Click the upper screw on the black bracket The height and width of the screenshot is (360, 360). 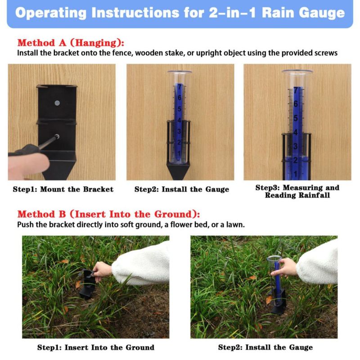click(58, 103)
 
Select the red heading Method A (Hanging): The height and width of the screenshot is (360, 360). click(71, 43)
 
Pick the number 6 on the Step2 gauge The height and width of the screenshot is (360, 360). click(179, 98)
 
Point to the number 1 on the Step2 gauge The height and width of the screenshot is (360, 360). click(179, 153)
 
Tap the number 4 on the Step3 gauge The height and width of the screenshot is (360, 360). click(296, 132)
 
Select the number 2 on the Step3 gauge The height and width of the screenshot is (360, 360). click(296, 160)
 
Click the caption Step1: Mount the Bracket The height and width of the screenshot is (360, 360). click(63, 189)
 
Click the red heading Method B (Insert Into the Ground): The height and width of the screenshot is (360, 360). click(108, 214)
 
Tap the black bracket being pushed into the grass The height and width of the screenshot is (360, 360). click(87, 285)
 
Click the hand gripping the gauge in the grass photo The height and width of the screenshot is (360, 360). click(284, 267)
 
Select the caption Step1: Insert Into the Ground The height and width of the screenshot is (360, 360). click(96, 347)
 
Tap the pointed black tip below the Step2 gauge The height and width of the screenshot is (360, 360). click(178, 171)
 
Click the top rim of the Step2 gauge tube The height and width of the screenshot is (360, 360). click(180, 72)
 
